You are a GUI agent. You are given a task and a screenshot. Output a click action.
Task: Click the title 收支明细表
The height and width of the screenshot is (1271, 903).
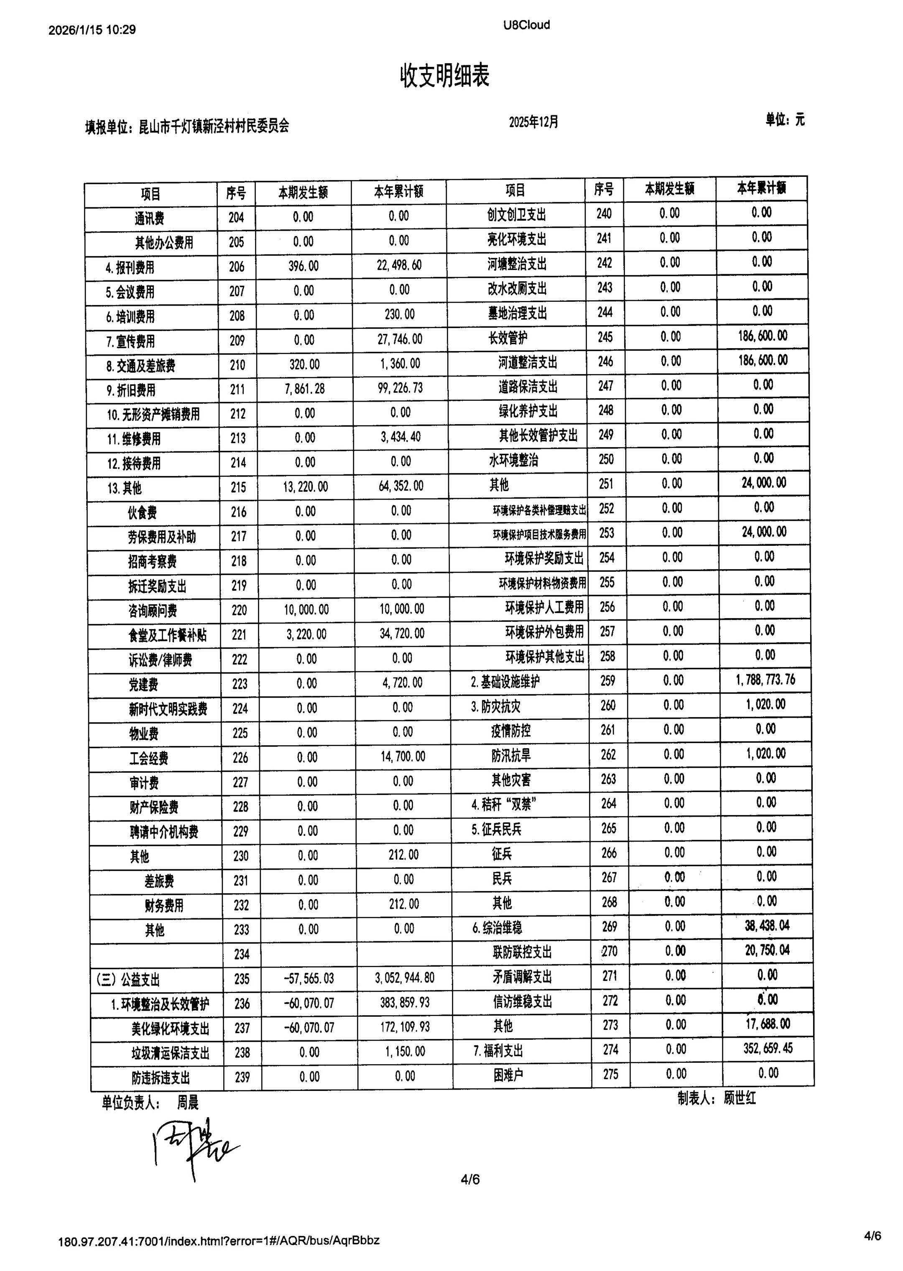444,76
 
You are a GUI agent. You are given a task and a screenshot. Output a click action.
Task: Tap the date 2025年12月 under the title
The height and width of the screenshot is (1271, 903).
533,122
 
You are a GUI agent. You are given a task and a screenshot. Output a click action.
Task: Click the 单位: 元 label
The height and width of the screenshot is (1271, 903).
785,120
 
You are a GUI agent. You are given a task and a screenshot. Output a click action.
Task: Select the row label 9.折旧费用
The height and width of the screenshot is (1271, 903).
131,390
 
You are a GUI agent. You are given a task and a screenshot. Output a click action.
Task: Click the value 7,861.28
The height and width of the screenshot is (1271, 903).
305,388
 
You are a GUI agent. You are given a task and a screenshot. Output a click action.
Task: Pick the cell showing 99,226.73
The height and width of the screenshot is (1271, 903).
400,387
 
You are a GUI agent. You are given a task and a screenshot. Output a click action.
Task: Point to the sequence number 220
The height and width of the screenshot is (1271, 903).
239,610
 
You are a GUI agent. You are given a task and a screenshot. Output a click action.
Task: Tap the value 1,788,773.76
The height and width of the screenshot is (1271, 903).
765,680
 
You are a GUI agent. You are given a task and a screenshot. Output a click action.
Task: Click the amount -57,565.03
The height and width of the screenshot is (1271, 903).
309,978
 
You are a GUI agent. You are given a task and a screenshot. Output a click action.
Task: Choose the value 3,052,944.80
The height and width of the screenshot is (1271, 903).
404,978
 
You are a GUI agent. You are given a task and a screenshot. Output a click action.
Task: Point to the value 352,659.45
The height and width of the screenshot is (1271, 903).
768,1048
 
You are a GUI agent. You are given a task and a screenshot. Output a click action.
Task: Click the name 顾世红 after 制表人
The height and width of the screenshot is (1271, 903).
740,1098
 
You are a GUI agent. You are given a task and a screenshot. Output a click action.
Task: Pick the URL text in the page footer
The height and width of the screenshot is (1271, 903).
219,1240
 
